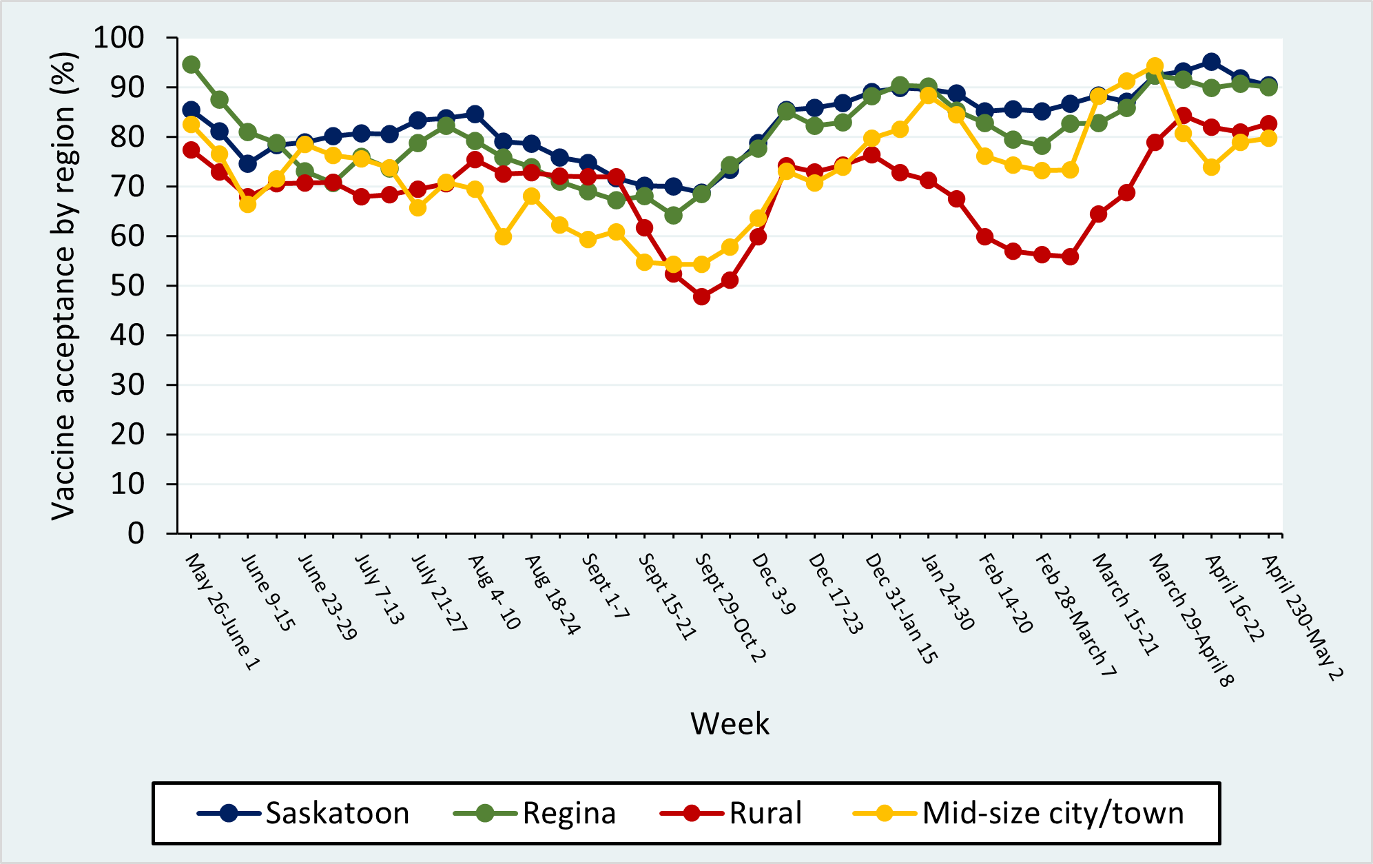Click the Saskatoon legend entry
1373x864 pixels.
[303, 814]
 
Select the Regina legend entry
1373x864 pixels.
[535, 814]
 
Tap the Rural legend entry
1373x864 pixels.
[731, 814]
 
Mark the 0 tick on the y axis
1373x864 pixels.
[136, 533]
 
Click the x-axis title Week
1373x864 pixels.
[730, 724]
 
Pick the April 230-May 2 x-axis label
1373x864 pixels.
[1302, 617]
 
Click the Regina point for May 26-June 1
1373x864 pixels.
[192, 65]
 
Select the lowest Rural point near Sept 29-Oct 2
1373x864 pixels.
[702, 297]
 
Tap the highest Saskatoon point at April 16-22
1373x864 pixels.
[1212, 62]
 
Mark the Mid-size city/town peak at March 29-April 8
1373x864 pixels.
[1155, 66]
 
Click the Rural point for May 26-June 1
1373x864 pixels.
[192, 150]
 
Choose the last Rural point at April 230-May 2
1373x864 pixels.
[1268, 125]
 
